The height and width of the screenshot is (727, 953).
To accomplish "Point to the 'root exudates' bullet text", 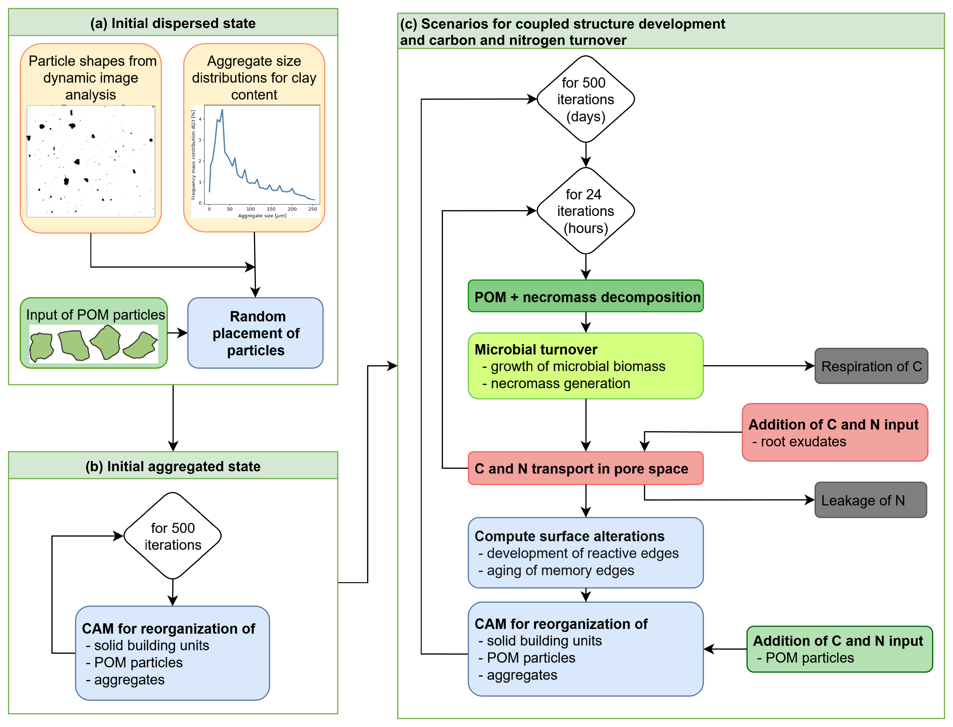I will click(803, 442).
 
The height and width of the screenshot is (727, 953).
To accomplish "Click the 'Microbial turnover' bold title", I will click(536, 349).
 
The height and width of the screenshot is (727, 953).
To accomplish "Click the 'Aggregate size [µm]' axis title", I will click(262, 216).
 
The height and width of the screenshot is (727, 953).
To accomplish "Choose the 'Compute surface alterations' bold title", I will click(569, 536).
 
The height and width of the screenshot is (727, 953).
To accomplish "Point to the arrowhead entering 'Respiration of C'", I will click(810, 366).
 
